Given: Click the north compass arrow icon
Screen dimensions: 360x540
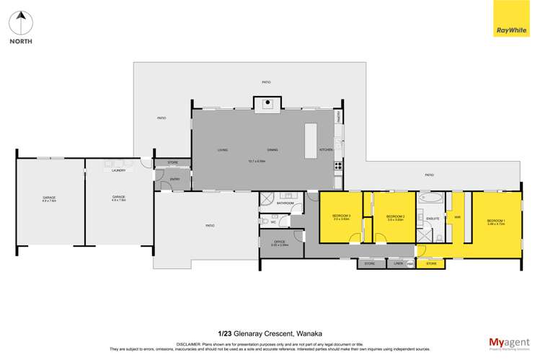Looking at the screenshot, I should pyautogui.click(x=21, y=22).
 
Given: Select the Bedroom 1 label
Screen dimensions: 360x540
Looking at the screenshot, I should pyautogui.click(x=495, y=221).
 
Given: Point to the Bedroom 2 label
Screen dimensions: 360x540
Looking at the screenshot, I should pyautogui.click(x=394, y=217).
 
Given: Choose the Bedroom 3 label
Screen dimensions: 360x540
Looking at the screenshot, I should pyautogui.click(x=341, y=216).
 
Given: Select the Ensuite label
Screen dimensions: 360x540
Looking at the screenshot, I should pyautogui.click(x=433, y=217).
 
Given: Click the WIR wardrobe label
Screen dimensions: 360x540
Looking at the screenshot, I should pyautogui.click(x=457, y=217).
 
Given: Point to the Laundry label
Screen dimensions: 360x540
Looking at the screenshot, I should pyautogui.click(x=119, y=170).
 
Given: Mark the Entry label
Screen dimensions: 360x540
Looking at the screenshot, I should pyautogui.click(x=174, y=178).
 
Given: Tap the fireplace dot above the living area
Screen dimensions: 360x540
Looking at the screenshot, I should pyautogui.click(x=267, y=102).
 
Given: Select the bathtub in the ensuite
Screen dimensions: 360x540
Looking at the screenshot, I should pyautogui.click(x=432, y=196).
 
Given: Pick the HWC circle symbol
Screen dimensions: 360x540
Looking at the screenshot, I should pyautogui.click(x=410, y=264).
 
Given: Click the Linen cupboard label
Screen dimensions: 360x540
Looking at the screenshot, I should pyautogui.click(x=397, y=264).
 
